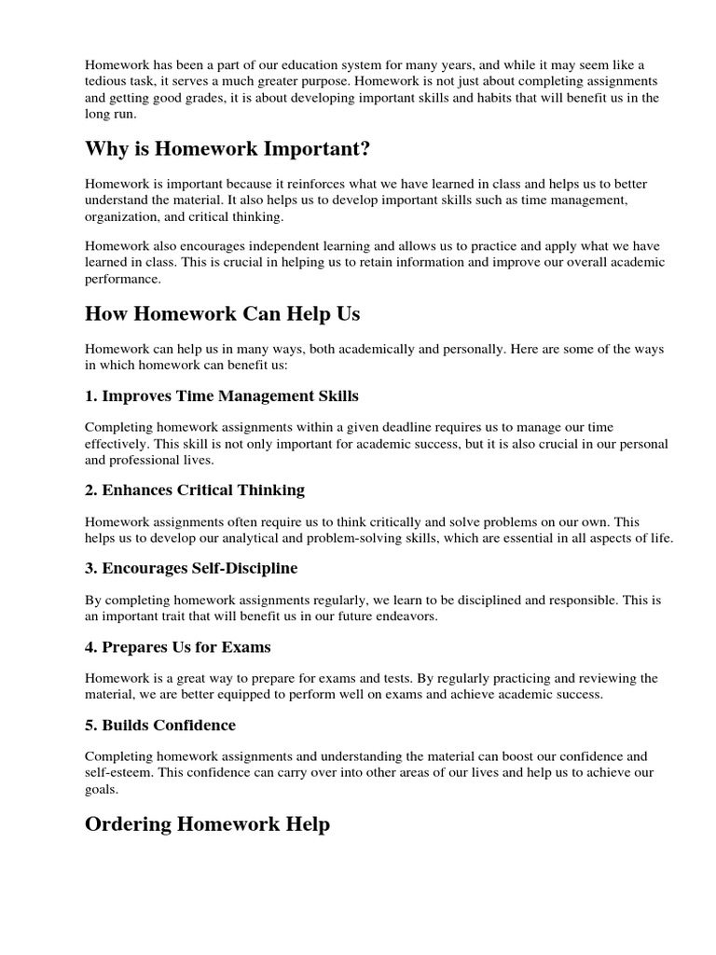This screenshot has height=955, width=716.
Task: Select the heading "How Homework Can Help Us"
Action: [x=222, y=314]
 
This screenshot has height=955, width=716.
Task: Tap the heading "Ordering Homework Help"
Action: [x=207, y=824]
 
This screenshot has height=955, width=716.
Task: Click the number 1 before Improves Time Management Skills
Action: [x=89, y=396]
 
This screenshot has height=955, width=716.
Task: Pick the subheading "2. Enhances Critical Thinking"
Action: [x=195, y=490]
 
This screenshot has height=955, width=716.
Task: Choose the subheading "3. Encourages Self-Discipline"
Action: [x=191, y=568]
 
